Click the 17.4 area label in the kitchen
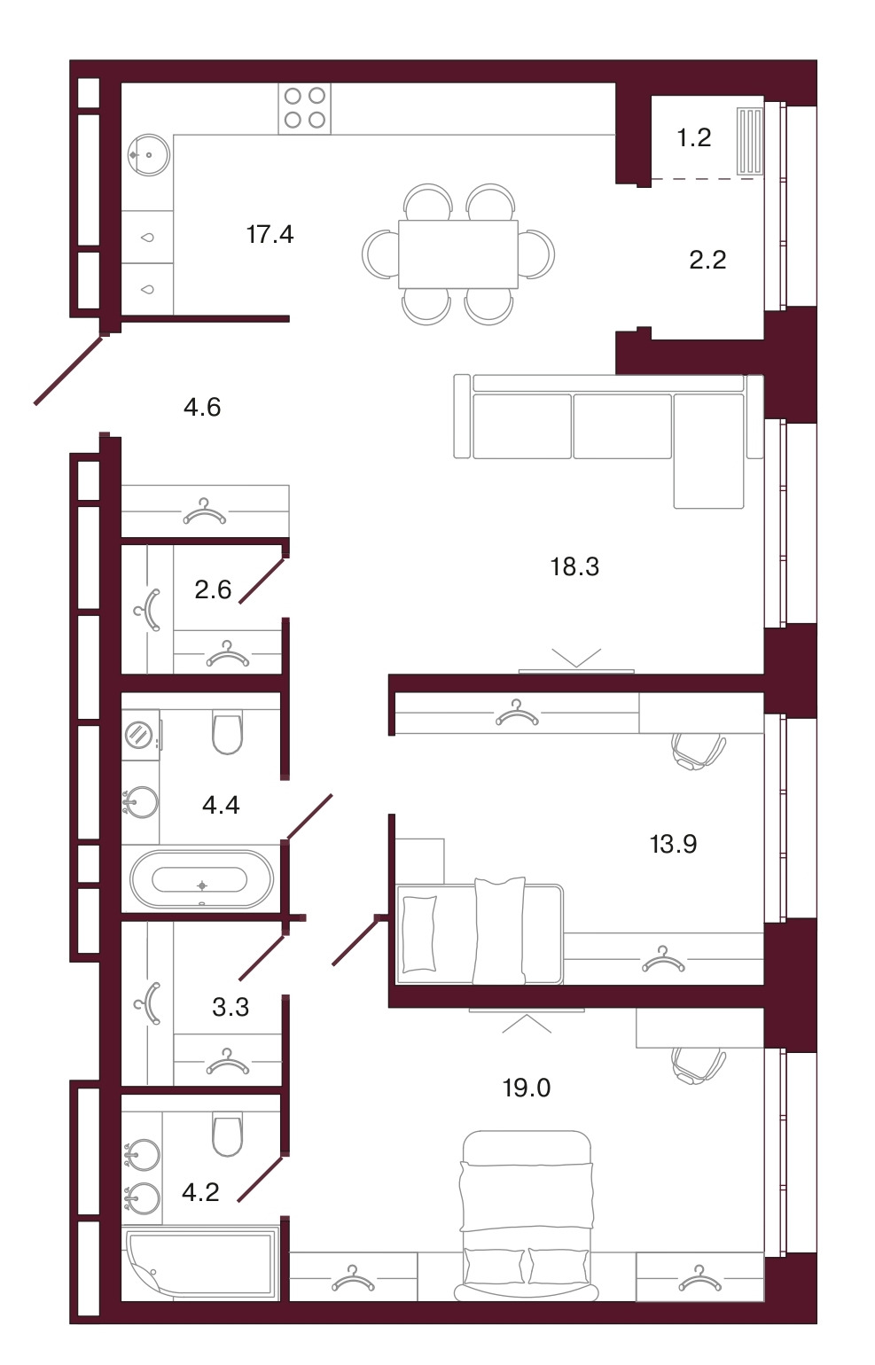(x=270, y=235)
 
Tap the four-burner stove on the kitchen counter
(x=305, y=108)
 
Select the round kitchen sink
(x=149, y=155)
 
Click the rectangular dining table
(x=458, y=254)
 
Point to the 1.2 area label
(x=694, y=137)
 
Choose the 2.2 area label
(x=708, y=261)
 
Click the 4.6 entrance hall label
(x=202, y=407)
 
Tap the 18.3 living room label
(x=574, y=566)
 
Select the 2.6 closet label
(x=214, y=590)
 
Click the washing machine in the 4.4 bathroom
(x=141, y=734)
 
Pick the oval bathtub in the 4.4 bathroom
(x=202, y=878)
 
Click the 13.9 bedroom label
(x=673, y=845)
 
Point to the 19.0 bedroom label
(x=527, y=1088)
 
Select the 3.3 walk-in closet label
(x=230, y=1007)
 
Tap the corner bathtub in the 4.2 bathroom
(x=199, y=1262)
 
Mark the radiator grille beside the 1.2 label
(x=750, y=142)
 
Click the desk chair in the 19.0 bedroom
(x=699, y=1066)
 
